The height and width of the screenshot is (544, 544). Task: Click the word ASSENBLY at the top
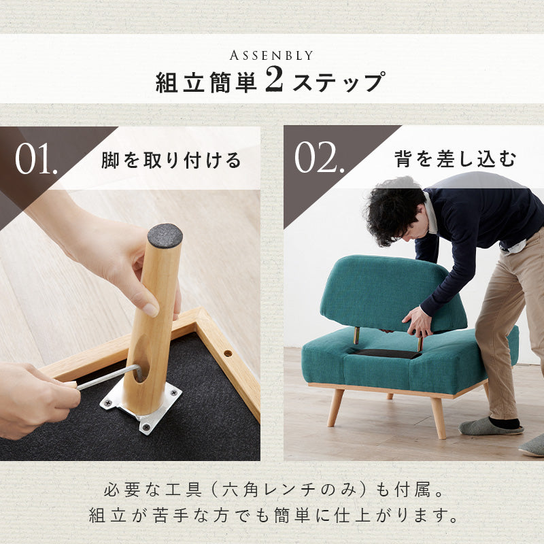(x=271, y=55)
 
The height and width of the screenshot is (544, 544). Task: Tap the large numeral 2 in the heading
(x=273, y=81)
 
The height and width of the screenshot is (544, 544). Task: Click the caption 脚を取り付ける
(x=171, y=160)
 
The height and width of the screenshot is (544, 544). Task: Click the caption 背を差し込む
(x=455, y=160)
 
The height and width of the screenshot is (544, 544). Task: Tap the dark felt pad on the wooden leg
(x=165, y=235)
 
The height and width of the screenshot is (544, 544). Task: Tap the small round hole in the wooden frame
(x=226, y=353)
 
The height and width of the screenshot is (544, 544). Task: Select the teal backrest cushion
(x=388, y=289)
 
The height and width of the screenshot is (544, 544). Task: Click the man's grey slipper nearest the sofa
(x=490, y=426)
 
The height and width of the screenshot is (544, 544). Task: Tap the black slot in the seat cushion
(x=386, y=354)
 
